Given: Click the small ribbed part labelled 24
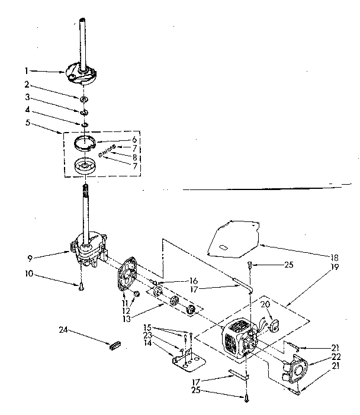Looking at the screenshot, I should pyautogui.click(x=114, y=345).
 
